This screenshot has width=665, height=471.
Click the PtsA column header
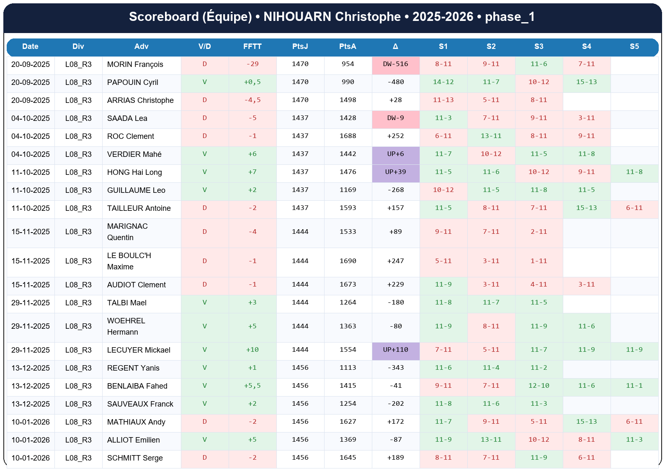pyautogui.click(x=348, y=46)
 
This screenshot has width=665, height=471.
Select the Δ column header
pyautogui.click(x=395, y=46)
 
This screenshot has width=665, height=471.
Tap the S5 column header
pyautogui.click(x=634, y=46)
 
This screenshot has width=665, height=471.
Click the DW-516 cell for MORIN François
pyautogui.click(x=395, y=64)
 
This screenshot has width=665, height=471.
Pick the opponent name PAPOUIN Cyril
pyautogui.click(x=132, y=82)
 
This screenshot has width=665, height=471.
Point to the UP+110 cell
pyautogui.click(x=395, y=350)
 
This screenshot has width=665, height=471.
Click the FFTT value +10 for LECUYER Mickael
pyautogui.click(x=252, y=350)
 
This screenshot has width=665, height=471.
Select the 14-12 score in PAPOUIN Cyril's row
pyautogui.click(x=443, y=82)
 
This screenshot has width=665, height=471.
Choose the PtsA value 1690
pyautogui.click(x=348, y=261)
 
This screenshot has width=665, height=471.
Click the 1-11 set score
pyautogui.click(x=539, y=261)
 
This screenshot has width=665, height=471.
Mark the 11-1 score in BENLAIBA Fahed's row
pyautogui.click(x=634, y=386)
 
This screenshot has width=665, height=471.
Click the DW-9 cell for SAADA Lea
pyautogui.click(x=395, y=118)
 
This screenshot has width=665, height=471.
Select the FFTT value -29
pyautogui.click(x=252, y=64)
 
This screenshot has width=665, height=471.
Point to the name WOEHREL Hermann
pyautogui.click(x=126, y=326)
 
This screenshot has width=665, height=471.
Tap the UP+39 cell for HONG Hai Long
pyautogui.click(x=395, y=172)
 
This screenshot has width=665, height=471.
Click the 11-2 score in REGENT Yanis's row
pyautogui.click(x=539, y=368)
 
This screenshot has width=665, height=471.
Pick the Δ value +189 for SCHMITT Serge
pyautogui.click(x=395, y=458)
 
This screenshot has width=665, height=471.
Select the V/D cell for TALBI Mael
pyautogui.click(x=204, y=302)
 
